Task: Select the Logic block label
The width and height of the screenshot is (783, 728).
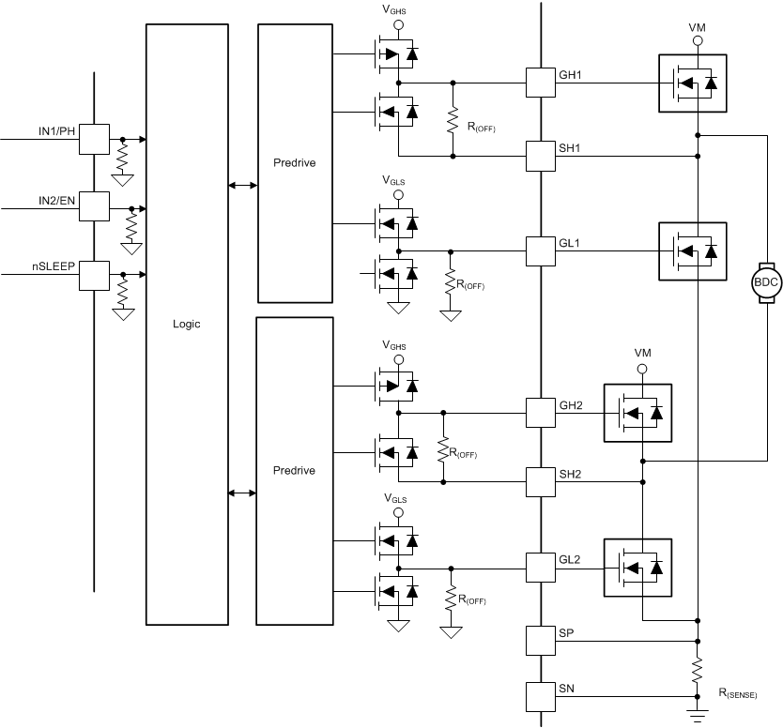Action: click(187, 324)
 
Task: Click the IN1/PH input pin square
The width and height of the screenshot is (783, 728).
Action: click(94, 139)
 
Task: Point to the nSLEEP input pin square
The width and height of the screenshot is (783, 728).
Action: click(94, 275)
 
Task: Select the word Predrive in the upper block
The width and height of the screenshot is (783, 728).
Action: click(295, 162)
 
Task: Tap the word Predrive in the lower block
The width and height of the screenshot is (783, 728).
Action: click(295, 470)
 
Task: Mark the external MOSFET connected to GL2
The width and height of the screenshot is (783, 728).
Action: click(638, 568)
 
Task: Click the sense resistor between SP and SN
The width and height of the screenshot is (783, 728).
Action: click(697, 670)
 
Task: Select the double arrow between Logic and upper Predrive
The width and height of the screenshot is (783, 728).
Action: click(242, 186)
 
